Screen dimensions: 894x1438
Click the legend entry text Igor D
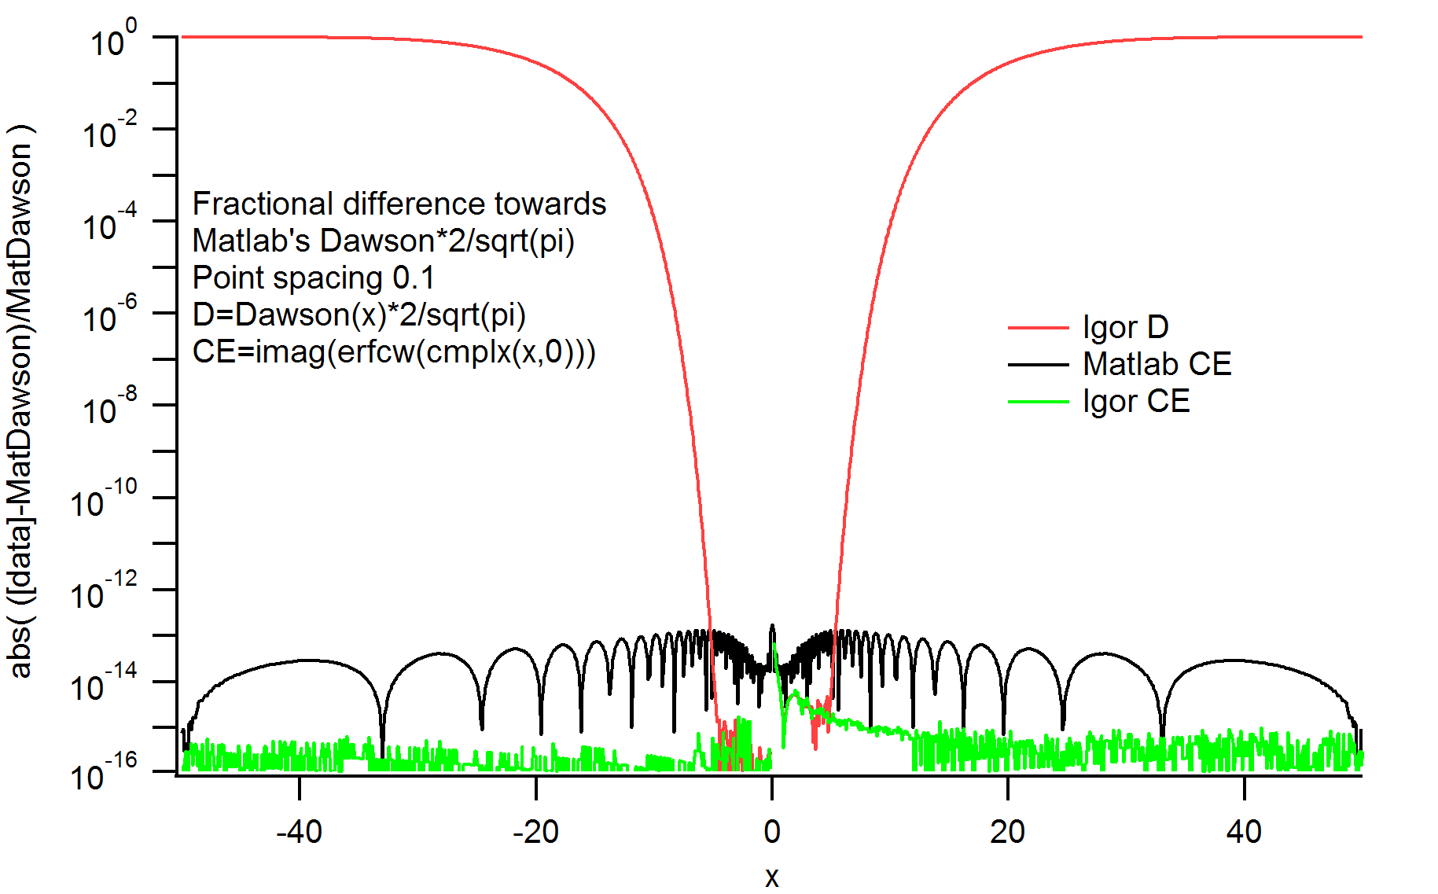coord(1125,327)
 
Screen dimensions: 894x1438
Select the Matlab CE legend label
coord(1157,364)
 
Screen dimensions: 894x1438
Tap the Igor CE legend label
coord(1136,401)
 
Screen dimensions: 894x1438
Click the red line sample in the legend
coord(1038,327)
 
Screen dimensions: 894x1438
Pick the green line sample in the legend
coord(1038,402)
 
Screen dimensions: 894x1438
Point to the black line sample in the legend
coord(1038,365)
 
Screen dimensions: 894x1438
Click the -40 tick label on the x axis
coord(299,831)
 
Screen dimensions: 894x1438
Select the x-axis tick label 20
coord(1007,831)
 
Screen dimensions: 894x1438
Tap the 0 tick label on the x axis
coord(772,831)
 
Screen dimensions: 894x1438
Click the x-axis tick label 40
coord(1244,831)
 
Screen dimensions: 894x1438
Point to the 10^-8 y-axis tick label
coord(109,407)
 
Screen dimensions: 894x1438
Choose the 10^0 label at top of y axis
coord(113,39)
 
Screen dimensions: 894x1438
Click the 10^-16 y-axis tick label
coord(103,774)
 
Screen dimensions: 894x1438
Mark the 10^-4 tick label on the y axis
coord(109,223)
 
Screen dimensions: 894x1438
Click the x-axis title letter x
coord(772,876)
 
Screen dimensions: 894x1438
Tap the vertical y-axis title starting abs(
coord(20,401)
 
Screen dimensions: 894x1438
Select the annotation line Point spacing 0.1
coord(313,278)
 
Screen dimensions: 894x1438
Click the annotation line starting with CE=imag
coord(394,351)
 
